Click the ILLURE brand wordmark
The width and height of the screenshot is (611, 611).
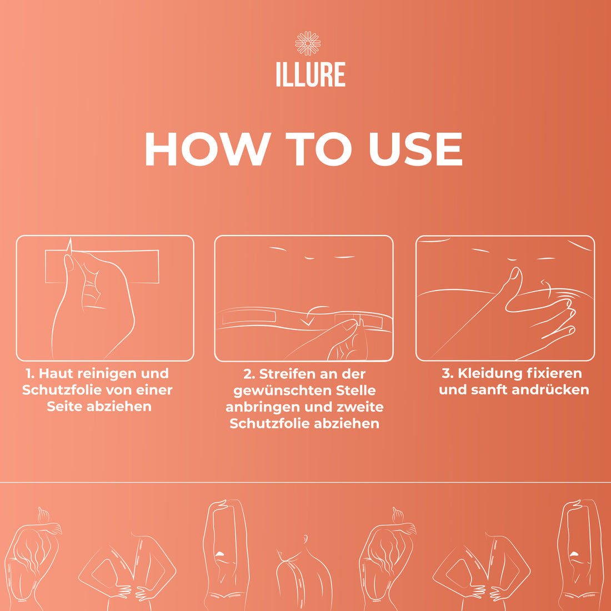point(310,74)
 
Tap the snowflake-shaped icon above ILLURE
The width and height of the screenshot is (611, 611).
point(308,43)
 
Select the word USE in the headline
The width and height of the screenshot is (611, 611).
point(415,149)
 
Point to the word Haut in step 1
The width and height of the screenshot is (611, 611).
point(56,373)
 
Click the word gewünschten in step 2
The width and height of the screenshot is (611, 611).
point(282,390)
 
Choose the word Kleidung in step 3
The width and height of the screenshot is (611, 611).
point(489,373)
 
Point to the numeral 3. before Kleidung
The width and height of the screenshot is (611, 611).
point(448,373)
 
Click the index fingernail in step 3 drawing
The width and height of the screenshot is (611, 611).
point(516,274)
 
